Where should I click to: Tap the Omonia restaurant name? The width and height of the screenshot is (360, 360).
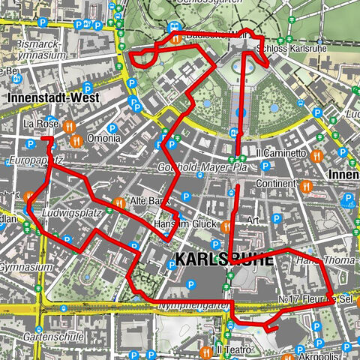point(102,138)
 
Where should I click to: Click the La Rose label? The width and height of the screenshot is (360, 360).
point(40,124)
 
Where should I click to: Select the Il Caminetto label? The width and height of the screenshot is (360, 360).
point(281,153)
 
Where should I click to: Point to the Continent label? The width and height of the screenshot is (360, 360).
point(274,183)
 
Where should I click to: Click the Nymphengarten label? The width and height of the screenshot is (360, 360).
point(191,306)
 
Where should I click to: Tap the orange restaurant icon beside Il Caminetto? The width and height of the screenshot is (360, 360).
point(317,156)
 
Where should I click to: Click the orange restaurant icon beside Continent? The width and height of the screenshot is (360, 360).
point(304,185)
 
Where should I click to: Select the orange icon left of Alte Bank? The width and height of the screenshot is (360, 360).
point(119,202)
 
